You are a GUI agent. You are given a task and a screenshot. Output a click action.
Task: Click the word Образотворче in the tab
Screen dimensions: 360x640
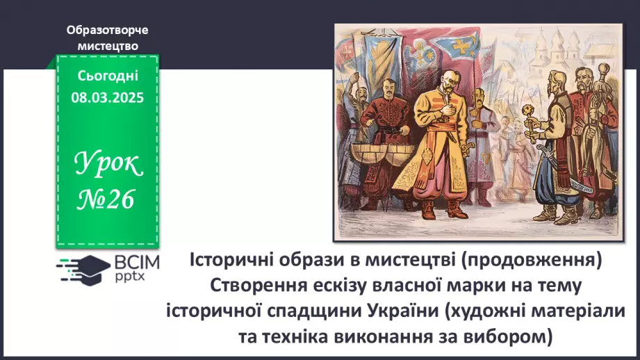click(108, 31)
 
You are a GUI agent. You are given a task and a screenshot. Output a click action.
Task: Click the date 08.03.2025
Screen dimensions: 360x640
click(107, 98)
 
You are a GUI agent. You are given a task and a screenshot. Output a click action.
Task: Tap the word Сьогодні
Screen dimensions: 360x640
click(107, 77)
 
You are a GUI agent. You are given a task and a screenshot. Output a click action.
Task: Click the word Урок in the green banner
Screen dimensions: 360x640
click(107, 165)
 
